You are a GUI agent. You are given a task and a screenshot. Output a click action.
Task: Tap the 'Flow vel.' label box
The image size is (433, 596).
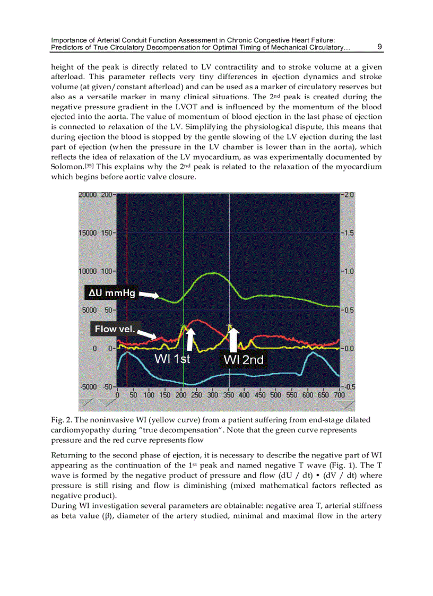click(x=114, y=329)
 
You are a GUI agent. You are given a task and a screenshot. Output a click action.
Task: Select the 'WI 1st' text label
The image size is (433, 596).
click(x=172, y=359)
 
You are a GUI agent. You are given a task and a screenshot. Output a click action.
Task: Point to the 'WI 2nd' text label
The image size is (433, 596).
click(x=243, y=360)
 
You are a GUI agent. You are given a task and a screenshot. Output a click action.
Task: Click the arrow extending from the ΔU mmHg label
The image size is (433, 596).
click(x=149, y=294)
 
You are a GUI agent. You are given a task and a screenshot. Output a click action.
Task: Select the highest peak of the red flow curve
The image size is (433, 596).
click(x=197, y=320)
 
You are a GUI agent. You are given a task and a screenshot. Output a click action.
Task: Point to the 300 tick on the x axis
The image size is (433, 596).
click(x=213, y=395)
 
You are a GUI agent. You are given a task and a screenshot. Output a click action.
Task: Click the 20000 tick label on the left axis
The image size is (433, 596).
click(x=89, y=195)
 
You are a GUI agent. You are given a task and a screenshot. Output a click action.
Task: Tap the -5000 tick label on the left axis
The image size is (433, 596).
click(x=89, y=386)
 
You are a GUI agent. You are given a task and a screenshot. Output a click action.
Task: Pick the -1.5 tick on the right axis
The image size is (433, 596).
click(x=349, y=233)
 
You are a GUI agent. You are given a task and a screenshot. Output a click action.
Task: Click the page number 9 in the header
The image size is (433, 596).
click(x=379, y=47)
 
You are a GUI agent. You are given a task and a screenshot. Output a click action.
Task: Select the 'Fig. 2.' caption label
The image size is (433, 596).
click(x=62, y=420)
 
